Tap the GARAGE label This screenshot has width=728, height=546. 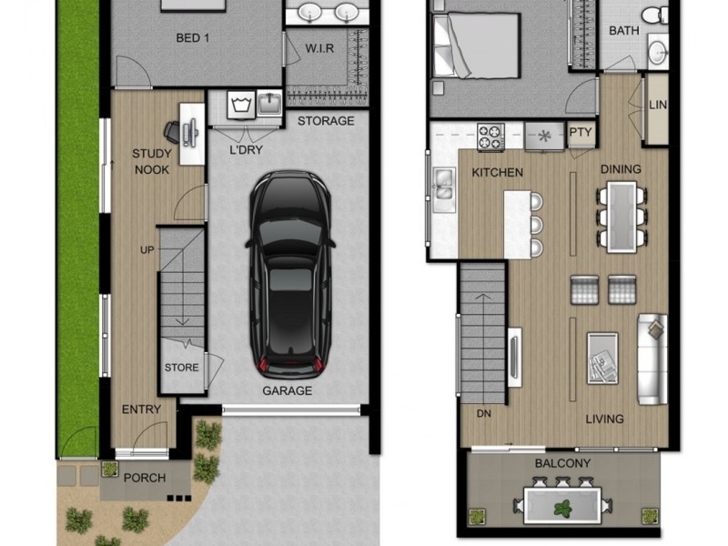pos(287,390)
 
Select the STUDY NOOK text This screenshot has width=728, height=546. pos(151,161)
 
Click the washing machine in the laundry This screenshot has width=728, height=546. pos(242,106)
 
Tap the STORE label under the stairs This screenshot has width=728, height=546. pos(181,368)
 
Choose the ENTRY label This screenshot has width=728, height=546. pos(141,409)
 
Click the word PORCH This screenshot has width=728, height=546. pos(145,478)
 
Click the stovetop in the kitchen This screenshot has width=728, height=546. pos(490,136)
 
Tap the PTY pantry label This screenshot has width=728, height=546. pos(580,133)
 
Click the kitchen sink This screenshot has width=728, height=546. pos(443,186)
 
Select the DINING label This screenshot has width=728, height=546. pos(621,168)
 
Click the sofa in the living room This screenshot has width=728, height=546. pos(652,359)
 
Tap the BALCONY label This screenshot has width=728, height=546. pos(563,463)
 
